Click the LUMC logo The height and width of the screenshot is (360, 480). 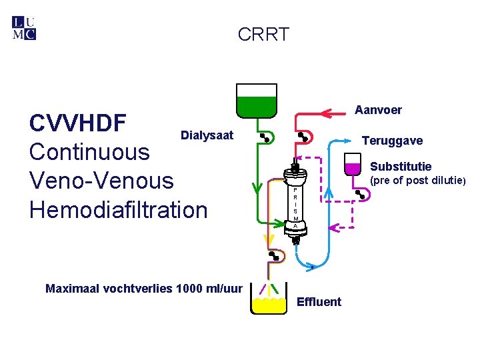pyautogui.click(x=24, y=28)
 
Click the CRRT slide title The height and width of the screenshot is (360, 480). pyautogui.click(x=263, y=35)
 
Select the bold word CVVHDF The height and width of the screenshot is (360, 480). pyautogui.click(x=77, y=123)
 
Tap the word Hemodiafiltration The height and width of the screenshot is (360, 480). pyautogui.click(x=119, y=209)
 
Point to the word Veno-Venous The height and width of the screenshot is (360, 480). pyautogui.click(x=101, y=181)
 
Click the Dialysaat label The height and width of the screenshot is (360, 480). pyautogui.click(x=207, y=135)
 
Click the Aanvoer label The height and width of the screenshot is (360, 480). pyautogui.click(x=378, y=109)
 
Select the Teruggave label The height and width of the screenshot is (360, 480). pyautogui.click(x=391, y=141)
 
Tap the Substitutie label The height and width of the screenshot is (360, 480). pyautogui.click(x=400, y=167)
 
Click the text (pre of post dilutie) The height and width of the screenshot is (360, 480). pyautogui.click(x=413, y=180)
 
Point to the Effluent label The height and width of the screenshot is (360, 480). pyautogui.click(x=319, y=302)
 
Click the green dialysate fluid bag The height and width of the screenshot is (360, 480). pyautogui.click(x=256, y=101)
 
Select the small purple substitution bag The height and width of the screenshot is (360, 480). pyautogui.click(x=353, y=163)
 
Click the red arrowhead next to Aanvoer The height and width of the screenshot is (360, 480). pyautogui.click(x=327, y=111)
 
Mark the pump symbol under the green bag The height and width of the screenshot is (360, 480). pyautogui.click(x=265, y=137)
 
